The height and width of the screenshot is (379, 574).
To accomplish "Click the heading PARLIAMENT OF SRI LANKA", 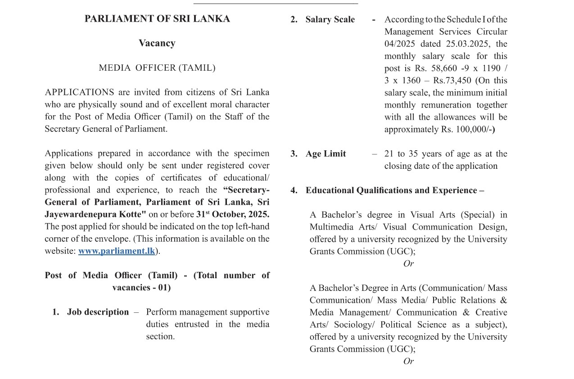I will (x=157, y=19).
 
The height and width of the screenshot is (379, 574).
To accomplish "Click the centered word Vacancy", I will (x=157, y=43).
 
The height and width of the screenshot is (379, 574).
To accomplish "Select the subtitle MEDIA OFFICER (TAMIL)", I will (x=157, y=68).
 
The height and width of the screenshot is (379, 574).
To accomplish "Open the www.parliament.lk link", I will (x=117, y=251).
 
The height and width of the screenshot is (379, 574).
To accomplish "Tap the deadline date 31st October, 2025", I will (x=233, y=214).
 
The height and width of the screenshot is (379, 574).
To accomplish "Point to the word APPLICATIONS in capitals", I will (x=79, y=92).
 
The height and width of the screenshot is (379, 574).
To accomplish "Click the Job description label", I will (x=98, y=312).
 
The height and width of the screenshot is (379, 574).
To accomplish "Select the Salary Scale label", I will (x=330, y=20).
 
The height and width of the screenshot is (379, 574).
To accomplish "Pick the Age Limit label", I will (x=325, y=154).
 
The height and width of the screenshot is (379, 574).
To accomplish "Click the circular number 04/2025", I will (x=399, y=44).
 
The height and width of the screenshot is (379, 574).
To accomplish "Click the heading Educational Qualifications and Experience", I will (x=391, y=190).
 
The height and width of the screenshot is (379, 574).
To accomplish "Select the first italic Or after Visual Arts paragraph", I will (x=408, y=264).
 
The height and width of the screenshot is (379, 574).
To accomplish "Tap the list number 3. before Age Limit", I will (x=294, y=154).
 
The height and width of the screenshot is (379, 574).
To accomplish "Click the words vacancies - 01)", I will (x=141, y=288).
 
